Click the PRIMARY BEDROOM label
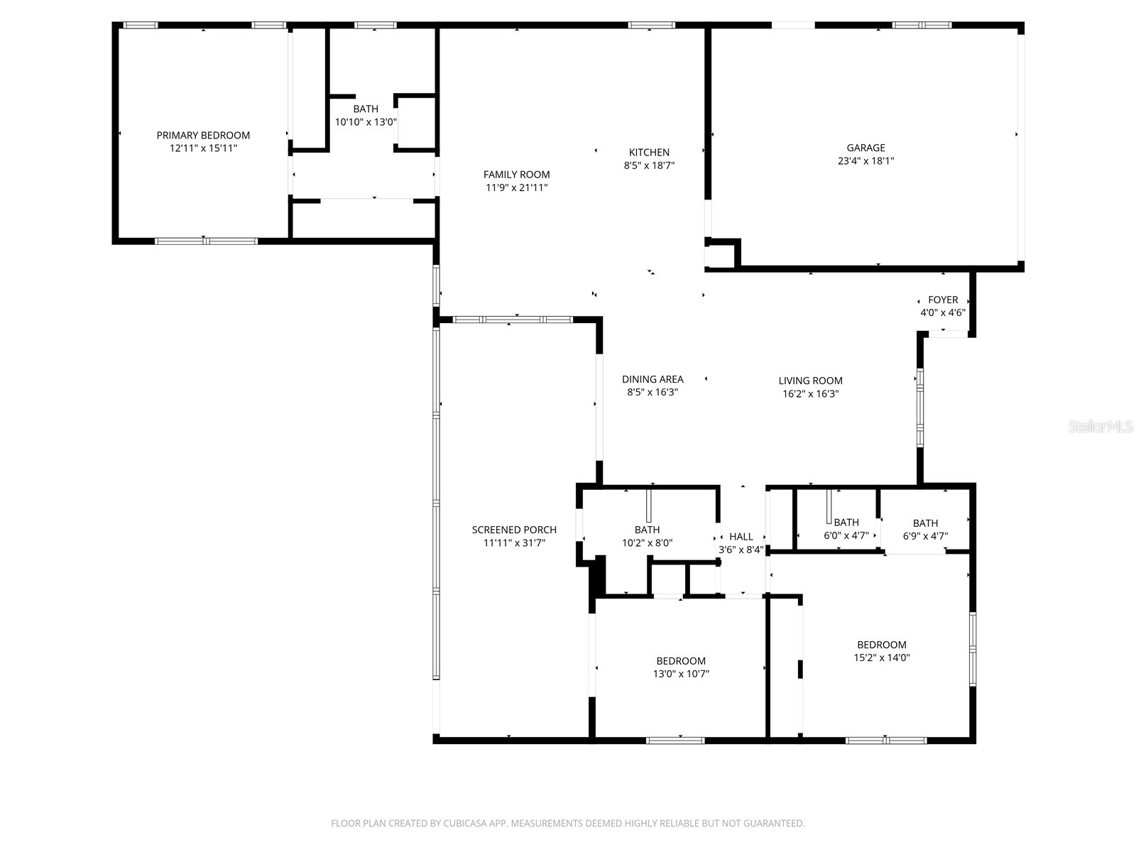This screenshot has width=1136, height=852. point(203,135)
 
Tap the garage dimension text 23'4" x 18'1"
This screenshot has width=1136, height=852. point(865,161)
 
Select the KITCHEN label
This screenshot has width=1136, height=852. point(649,152)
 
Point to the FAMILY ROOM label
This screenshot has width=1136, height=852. point(516,175)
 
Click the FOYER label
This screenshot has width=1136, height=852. point(943,300)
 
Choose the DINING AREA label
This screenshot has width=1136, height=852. point(652,379)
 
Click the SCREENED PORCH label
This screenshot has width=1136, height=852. point(514,530)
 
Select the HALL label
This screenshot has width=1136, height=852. point(741,537)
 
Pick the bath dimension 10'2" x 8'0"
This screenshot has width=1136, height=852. point(647,543)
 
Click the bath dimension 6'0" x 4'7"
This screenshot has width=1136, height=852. point(846,536)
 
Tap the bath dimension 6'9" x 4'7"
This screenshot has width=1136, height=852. point(925,536)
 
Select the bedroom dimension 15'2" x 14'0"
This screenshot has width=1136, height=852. point(881,658)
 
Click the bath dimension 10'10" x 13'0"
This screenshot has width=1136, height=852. point(366,122)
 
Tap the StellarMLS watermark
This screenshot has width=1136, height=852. point(1101,427)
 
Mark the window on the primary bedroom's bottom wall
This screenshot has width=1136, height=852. point(206,241)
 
